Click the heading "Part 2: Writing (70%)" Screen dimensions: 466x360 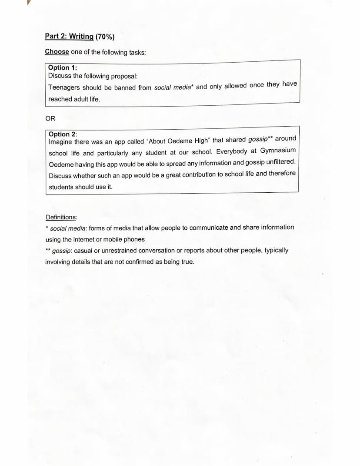[77, 37]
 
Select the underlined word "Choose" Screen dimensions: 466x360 [57, 52]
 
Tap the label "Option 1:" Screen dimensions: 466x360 [63, 67]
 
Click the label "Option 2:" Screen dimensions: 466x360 [63, 134]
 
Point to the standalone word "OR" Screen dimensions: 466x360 [50, 118]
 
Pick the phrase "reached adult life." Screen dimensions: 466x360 [74, 99]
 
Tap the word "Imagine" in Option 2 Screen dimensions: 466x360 [60, 142]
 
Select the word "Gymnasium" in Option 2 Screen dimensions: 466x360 [278, 150]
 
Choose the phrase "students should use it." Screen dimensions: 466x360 [80, 187]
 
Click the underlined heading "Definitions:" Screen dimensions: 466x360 [61, 217]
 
